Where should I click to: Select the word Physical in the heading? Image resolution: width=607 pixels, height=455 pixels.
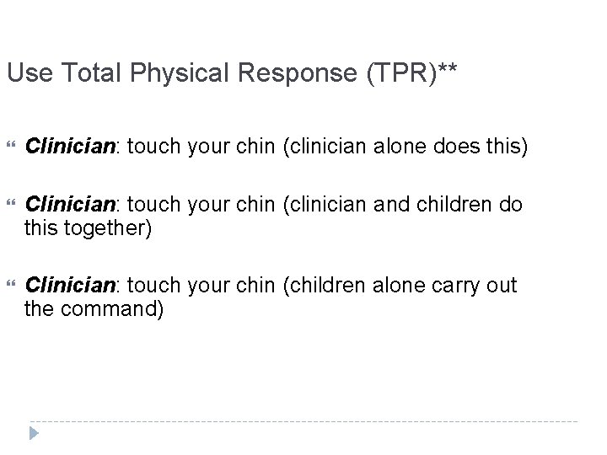tap(182, 74)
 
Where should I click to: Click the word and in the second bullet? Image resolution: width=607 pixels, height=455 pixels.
tap(384, 204)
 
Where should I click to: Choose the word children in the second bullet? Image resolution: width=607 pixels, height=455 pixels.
tap(451, 204)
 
